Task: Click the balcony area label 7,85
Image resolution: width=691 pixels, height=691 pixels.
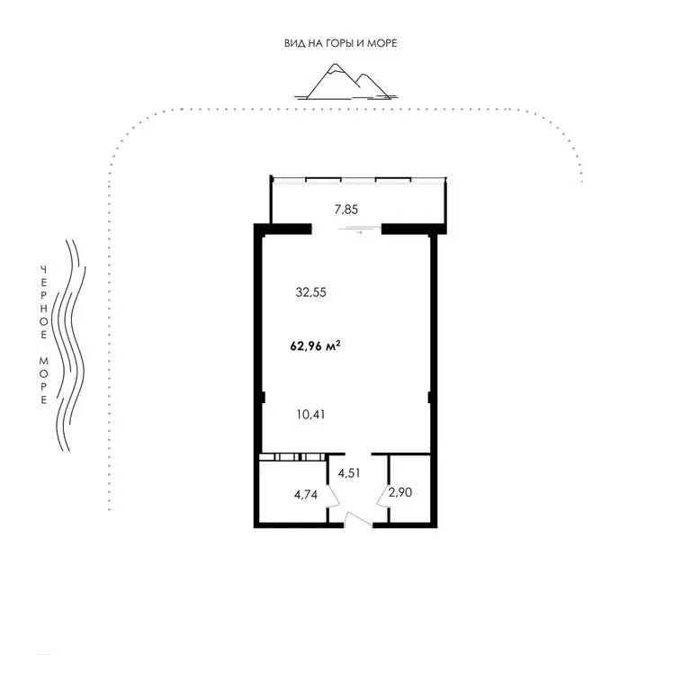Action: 346,210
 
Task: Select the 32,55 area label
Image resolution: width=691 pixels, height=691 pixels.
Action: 310,292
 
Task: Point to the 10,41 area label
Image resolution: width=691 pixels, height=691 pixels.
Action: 310,415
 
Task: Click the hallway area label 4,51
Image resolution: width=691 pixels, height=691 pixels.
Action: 351,471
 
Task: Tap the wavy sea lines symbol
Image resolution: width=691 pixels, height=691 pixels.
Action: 71,345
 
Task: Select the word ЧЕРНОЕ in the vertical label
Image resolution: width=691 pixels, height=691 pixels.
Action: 42,301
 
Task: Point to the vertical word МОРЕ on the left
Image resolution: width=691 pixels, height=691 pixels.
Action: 42,381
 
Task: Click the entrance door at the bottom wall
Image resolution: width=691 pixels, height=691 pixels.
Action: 358,519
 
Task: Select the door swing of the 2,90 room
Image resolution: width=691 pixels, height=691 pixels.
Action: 383,494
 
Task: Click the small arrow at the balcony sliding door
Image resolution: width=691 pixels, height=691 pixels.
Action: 358,233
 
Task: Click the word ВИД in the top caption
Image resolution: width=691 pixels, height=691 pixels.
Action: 292,42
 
